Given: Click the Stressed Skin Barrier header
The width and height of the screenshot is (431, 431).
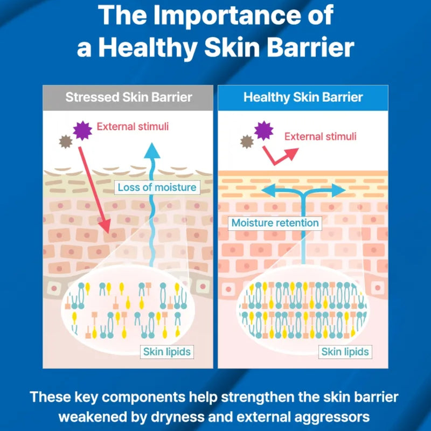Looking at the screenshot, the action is click(x=129, y=98).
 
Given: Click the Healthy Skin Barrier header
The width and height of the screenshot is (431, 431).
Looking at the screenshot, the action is click(x=303, y=98).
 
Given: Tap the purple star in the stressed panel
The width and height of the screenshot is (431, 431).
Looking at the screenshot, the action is click(x=82, y=130).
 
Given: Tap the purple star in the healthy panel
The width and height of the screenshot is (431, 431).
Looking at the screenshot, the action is click(x=263, y=130).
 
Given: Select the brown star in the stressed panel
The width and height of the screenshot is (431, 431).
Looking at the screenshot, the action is click(x=66, y=142).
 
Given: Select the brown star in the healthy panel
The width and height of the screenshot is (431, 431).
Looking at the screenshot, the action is click(x=247, y=142).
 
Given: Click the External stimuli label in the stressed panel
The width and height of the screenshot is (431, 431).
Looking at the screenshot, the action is click(x=133, y=127).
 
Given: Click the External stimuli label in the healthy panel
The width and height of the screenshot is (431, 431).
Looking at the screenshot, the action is click(x=320, y=137).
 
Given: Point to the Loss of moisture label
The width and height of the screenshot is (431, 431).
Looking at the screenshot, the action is click(x=157, y=187).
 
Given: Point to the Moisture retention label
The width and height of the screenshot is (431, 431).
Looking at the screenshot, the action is click(x=275, y=223).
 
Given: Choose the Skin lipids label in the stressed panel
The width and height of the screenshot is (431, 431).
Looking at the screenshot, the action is click(x=167, y=352).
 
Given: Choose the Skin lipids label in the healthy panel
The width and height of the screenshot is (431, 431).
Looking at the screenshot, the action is click(x=345, y=352).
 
